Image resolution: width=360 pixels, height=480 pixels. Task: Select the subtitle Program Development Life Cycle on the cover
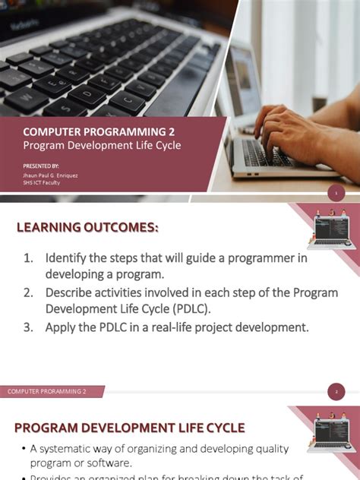102,145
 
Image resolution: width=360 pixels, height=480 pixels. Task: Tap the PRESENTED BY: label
41,165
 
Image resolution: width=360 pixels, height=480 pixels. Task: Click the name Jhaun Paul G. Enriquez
50,175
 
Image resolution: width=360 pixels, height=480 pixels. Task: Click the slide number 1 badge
336,194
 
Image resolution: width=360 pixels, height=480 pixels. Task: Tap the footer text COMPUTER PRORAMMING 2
47,392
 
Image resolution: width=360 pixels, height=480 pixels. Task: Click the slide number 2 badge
336,392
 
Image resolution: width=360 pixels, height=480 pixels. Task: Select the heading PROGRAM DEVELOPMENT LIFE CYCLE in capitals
130,427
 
